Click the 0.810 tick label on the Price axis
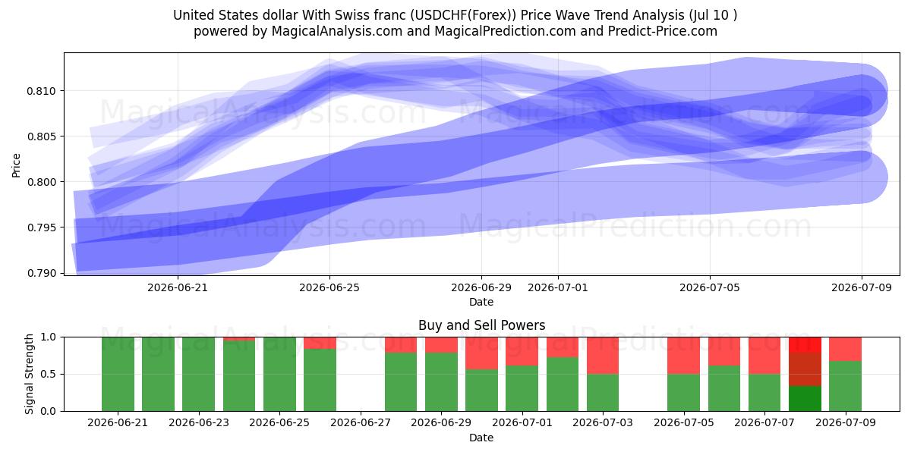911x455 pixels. point(41,91)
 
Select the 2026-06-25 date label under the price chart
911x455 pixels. point(329,287)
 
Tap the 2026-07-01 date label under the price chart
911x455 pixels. point(557,287)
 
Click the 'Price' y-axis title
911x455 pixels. point(16,165)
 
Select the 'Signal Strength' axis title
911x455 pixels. point(29,374)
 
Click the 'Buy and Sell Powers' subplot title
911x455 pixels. point(481,325)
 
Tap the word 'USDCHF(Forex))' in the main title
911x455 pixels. point(463,15)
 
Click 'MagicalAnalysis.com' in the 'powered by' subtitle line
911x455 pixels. point(337,31)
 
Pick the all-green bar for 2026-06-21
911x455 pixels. point(118,374)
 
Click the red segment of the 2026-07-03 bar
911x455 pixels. point(603,356)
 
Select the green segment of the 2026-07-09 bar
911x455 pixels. point(845,386)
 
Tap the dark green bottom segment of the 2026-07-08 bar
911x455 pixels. point(805,399)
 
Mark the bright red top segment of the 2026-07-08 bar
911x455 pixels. point(805,345)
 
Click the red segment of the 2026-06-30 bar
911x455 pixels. point(481,353)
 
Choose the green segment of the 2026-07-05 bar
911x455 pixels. point(684,393)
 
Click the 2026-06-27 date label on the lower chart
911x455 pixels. point(361,423)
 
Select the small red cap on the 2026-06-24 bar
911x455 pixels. point(239,339)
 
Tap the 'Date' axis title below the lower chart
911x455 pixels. point(481,438)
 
